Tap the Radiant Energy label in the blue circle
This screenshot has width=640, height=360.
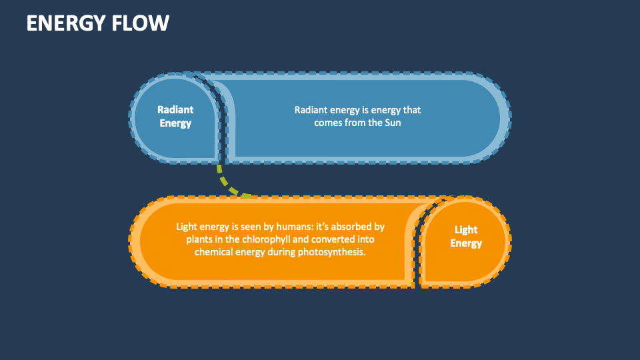pos(175,116)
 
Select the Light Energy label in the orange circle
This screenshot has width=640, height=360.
pos(466,236)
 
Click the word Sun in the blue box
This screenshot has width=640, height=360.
pos(393,123)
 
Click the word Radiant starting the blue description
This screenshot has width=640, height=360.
pos(311,109)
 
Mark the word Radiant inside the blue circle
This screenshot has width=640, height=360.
pos(175,109)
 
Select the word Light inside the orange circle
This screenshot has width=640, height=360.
pos(466,229)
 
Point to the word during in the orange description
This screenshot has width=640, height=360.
pos(281,252)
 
